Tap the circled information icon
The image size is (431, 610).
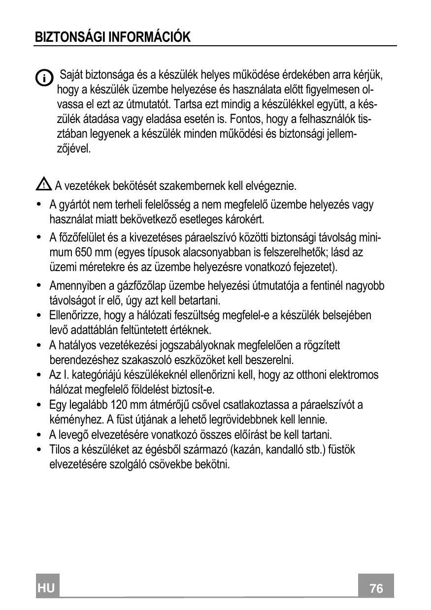pyautogui.click(x=44, y=78)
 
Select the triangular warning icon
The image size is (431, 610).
pyautogui.click(x=43, y=185)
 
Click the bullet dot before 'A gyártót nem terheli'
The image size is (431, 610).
pyautogui.click(x=39, y=205)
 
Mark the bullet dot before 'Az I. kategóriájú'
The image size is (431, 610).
pyautogui.click(x=39, y=376)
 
